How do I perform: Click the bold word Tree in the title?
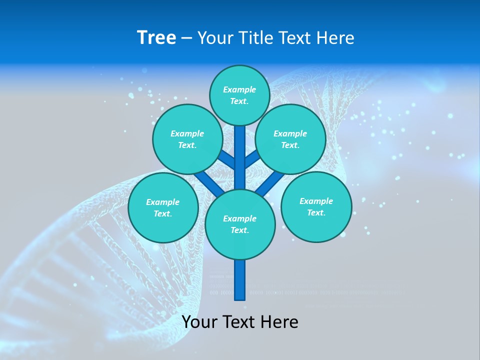tap(156, 38)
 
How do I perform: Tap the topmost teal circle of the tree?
tap(239, 95)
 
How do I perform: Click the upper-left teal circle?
tap(187, 139)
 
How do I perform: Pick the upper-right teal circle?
tap(290, 139)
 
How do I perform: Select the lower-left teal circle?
tap(163, 207)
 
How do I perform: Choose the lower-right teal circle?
tap(316, 206)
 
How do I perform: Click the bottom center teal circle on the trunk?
tap(240, 224)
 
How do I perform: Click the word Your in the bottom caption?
tap(199, 322)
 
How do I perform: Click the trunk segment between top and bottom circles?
tap(240, 160)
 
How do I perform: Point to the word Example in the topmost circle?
tap(239, 89)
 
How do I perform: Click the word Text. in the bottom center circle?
tap(239, 230)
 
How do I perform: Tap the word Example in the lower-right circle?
tap(316, 201)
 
